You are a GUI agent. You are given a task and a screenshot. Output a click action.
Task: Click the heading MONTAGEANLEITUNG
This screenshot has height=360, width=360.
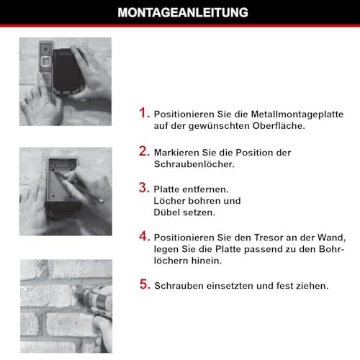coord(180,12)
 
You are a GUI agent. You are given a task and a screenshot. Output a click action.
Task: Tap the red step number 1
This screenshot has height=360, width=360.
coord(144,113)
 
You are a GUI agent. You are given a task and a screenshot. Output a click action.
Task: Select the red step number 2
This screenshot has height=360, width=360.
coord(144,151)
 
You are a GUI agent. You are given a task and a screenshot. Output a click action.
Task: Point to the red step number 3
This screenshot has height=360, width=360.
coord(144,189)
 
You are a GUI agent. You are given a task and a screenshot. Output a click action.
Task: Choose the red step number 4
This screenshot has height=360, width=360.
coord(144,236)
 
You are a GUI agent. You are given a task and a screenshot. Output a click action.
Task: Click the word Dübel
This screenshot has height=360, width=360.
coord(168,213)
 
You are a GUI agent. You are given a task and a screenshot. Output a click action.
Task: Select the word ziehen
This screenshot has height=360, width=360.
coord(312,285)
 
